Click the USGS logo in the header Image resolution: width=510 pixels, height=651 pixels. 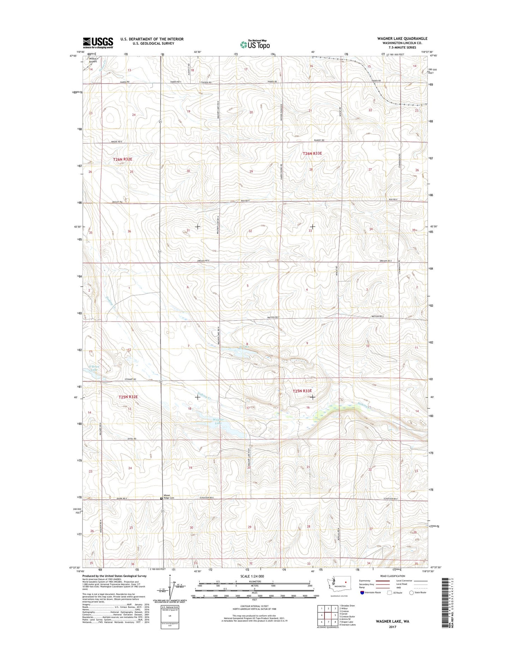coord(98,42)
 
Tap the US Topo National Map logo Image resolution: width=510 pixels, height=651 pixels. coord(255,44)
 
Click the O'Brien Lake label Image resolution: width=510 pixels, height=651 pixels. coord(94,368)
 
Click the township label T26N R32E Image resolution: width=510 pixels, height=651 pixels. coord(122,159)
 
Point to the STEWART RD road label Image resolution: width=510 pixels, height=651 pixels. coord(130,379)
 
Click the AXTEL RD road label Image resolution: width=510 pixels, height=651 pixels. coord(130,439)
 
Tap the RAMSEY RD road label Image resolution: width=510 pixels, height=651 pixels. coord(319,141)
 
